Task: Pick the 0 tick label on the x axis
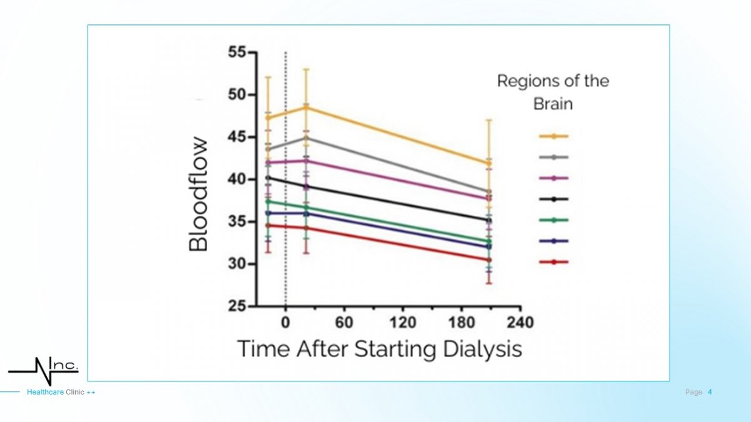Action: (285, 323)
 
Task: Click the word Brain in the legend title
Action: (553, 104)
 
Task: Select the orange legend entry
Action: (553, 136)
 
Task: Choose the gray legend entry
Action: (553, 157)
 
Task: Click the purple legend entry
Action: (553, 178)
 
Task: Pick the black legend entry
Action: (553, 199)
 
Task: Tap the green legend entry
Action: (553, 219)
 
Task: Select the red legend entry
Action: (553, 262)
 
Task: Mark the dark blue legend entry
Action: (553, 241)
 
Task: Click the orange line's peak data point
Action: (306, 108)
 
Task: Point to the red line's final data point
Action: (489, 259)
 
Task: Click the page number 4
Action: (710, 392)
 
